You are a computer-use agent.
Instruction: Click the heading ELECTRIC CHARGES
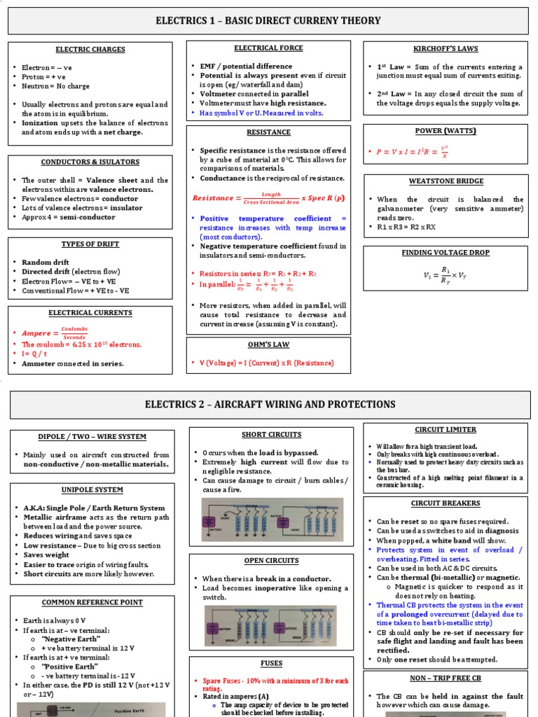pos(90,50)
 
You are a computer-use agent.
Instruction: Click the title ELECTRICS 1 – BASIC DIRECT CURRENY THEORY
pos(268,21)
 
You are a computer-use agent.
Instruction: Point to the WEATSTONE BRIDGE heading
pos(445,181)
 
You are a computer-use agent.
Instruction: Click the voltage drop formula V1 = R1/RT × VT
pos(444,277)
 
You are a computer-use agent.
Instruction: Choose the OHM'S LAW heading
pos(268,344)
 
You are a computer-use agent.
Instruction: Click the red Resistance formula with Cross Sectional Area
pos(268,198)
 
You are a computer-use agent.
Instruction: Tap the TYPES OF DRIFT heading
pos(90,244)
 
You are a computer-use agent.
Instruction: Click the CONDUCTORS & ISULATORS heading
pos(90,162)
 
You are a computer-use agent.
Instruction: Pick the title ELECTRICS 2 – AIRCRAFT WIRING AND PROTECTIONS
pos(268,404)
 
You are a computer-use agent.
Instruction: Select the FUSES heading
pos(271,663)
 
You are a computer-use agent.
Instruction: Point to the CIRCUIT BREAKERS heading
pos(445,503)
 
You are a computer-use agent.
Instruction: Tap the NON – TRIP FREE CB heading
pos(445,678)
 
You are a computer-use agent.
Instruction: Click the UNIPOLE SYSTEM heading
pos(92,490)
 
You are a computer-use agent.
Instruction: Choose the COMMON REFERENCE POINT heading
pos(92,602)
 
